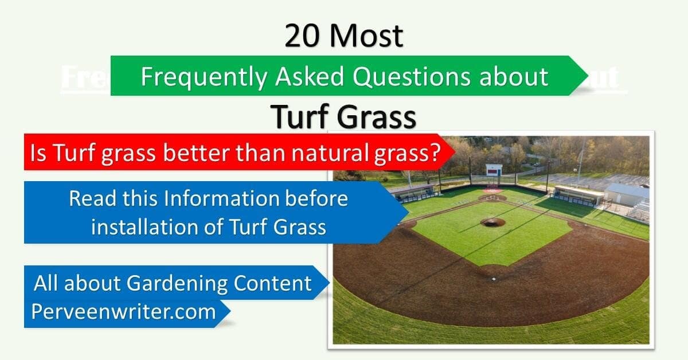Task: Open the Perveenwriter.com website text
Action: tap(123, 312)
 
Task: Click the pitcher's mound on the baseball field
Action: tap(492, 222)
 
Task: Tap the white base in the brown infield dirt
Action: tap(493, 278)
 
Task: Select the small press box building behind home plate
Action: tap(494, 170)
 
